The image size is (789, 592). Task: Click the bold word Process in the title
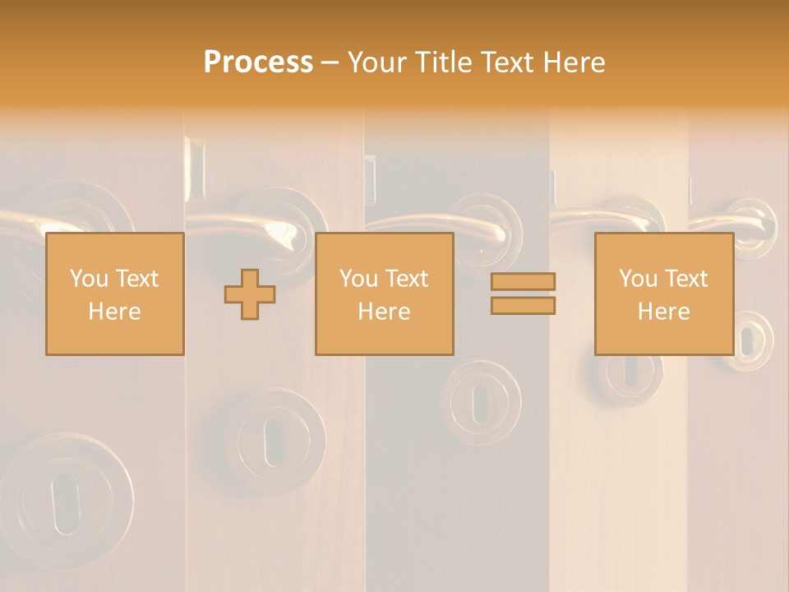coord(258,62)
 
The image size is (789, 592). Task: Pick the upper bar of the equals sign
coord(523,281)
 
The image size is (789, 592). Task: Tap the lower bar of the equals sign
coord(523,306)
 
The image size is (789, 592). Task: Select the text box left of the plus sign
coord(114,294)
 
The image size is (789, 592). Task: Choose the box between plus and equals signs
coord(384,294)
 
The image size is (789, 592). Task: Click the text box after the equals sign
coord(663,294)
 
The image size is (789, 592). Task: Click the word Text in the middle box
coord(406,279)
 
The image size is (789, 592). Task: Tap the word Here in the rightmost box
coord(663,312)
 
